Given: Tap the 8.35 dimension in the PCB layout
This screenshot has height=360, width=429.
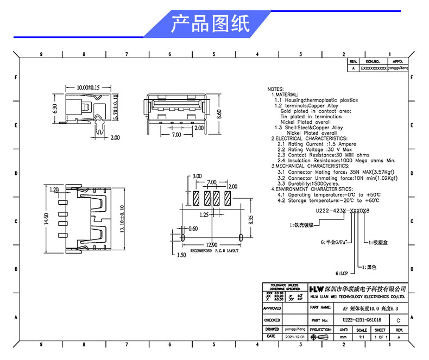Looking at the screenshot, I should [x=251, y=219].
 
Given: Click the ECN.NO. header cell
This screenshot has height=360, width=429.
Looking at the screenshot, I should [x=373, y=62].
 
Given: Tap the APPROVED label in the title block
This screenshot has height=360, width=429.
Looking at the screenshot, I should [x=272, y=308].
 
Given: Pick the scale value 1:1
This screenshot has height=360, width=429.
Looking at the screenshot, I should [x=361, y=337].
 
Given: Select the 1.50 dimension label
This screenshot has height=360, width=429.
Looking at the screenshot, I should [x=181, y=254].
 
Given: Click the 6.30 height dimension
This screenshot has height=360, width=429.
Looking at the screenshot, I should [x=54, y=108].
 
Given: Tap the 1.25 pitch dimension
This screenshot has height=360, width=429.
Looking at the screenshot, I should [x=203, y=215].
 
